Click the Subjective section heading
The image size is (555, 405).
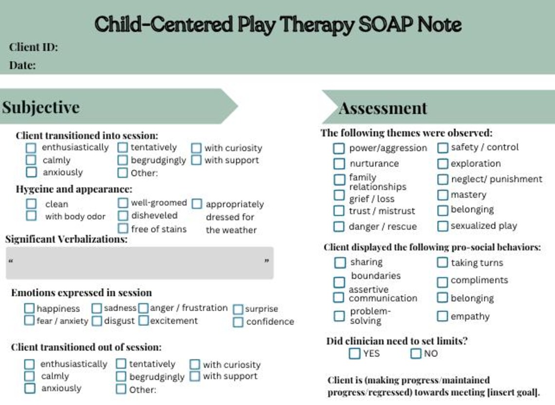coord(41,107)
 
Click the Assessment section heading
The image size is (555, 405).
coord(383,108)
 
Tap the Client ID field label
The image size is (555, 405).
coord(34,47)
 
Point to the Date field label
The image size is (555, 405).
coord(22,65)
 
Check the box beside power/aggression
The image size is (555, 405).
coord(339,148)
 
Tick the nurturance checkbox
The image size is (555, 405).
coord(339,164)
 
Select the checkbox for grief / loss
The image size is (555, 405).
coord(339,195)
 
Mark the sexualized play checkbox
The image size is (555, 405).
coord(442,226)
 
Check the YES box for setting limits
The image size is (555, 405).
coord(354,353)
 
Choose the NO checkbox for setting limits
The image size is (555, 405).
coord(415,353)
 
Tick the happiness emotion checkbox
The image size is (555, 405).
coord(29,308)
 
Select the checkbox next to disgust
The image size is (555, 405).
coord(97,321)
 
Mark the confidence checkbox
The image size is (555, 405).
coord(238,322)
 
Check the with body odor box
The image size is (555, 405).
coord(31,215)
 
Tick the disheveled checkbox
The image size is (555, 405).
coord(123,215)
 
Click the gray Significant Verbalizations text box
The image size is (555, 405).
coord(139,263)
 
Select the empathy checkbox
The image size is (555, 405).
coord(442,317)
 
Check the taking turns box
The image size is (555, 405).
coord(442,263)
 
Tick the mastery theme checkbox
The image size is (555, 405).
coord(442,195)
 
